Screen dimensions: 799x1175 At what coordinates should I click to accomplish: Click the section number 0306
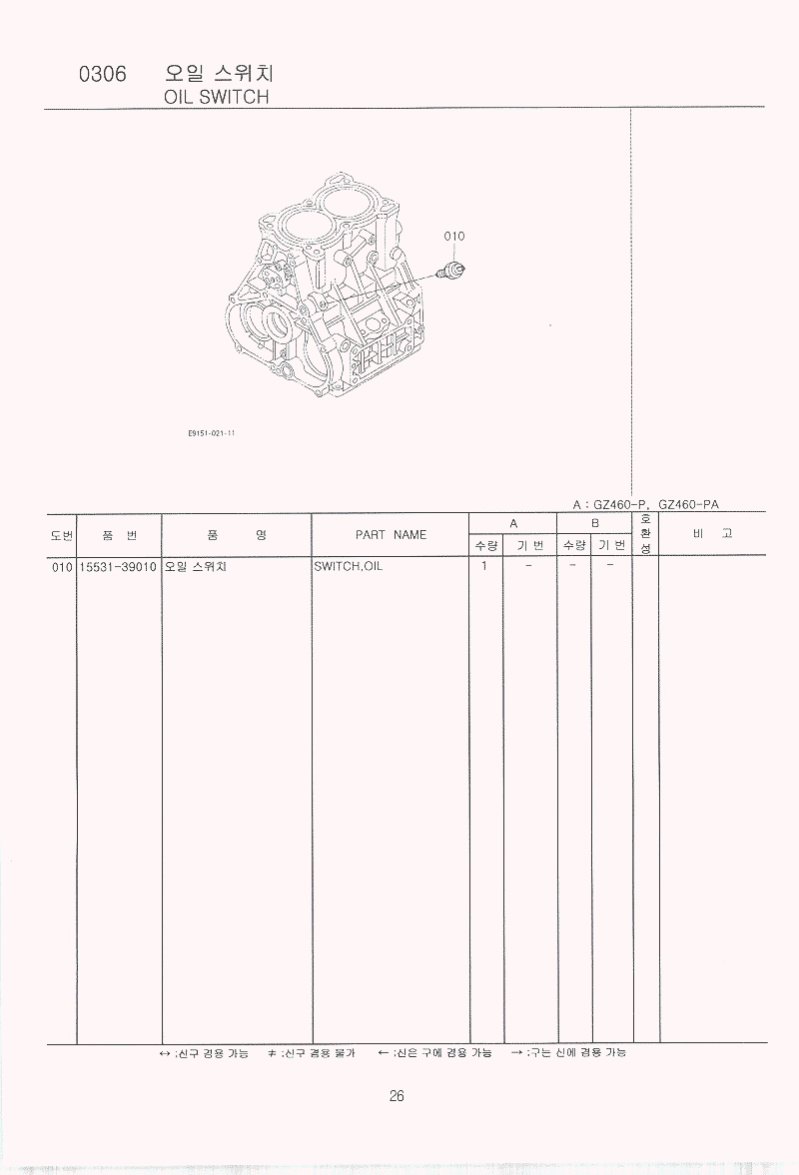point(103,74)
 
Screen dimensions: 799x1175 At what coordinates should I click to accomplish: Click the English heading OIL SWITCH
point(216,97)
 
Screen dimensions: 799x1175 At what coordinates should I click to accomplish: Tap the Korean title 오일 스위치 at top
point(220,73)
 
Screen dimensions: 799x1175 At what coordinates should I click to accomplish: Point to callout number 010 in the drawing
point(454,236)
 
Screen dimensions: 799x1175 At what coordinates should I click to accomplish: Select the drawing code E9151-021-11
point(212,433)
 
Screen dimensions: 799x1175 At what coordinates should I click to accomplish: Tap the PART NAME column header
point(391,534)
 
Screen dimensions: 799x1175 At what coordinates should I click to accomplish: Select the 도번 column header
point(62,535)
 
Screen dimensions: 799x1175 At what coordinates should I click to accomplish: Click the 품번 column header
point(120,535)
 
